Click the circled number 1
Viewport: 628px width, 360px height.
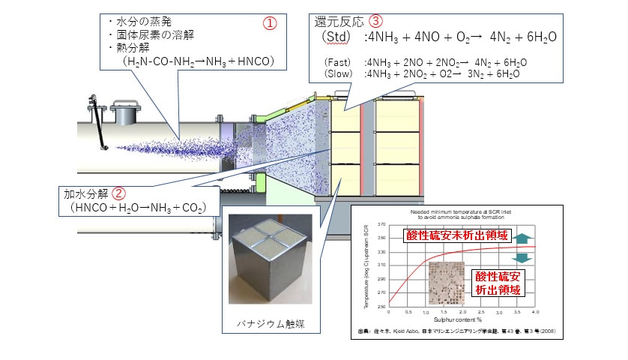(x=269, y=23)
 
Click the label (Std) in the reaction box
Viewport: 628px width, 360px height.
(x=333, y=37)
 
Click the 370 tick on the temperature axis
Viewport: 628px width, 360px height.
(x=381, y=223)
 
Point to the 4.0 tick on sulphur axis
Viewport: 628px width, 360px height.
(x=535, y=310)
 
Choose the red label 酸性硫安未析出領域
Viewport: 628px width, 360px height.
(x=449, y=236)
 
